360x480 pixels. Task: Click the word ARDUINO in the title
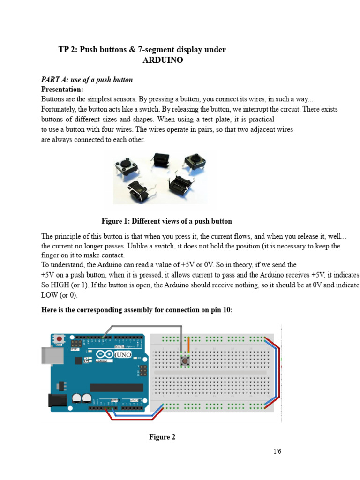point(163,60)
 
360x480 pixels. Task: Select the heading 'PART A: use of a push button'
point(87,80)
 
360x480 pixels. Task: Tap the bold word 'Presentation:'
point(62,89)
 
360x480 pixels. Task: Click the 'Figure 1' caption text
point(166,221)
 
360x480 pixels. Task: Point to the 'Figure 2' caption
point(162,437)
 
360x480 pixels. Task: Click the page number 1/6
point(277,452)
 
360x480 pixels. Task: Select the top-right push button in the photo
point(194,160)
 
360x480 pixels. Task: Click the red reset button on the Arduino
point(60,338)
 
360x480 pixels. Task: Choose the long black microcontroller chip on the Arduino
point(116,387)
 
